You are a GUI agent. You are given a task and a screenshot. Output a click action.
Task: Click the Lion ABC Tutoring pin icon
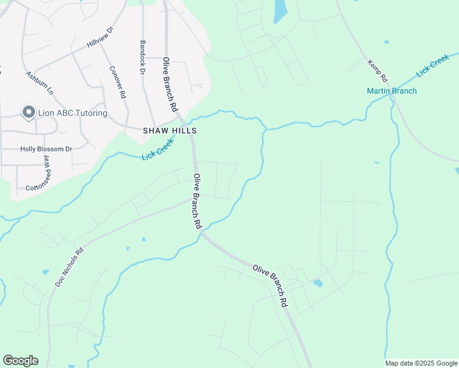28,112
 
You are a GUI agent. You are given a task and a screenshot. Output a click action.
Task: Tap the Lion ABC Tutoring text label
72,113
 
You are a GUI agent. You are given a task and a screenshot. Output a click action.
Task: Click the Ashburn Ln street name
39,83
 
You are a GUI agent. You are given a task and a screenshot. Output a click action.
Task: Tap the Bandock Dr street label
142,58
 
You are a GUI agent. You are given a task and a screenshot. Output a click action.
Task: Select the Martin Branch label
391,91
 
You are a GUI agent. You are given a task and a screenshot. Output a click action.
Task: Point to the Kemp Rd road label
377,71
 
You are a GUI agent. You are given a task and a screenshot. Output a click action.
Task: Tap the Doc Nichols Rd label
69,267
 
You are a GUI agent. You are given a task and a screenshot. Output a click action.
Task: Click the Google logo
20,361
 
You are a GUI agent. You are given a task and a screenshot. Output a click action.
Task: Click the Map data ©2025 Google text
421,363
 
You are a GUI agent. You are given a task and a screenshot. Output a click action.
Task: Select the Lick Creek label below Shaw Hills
158,150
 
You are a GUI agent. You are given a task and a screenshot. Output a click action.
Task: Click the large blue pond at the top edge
280,10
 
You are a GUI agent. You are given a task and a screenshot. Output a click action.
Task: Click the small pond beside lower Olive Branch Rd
317,283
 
